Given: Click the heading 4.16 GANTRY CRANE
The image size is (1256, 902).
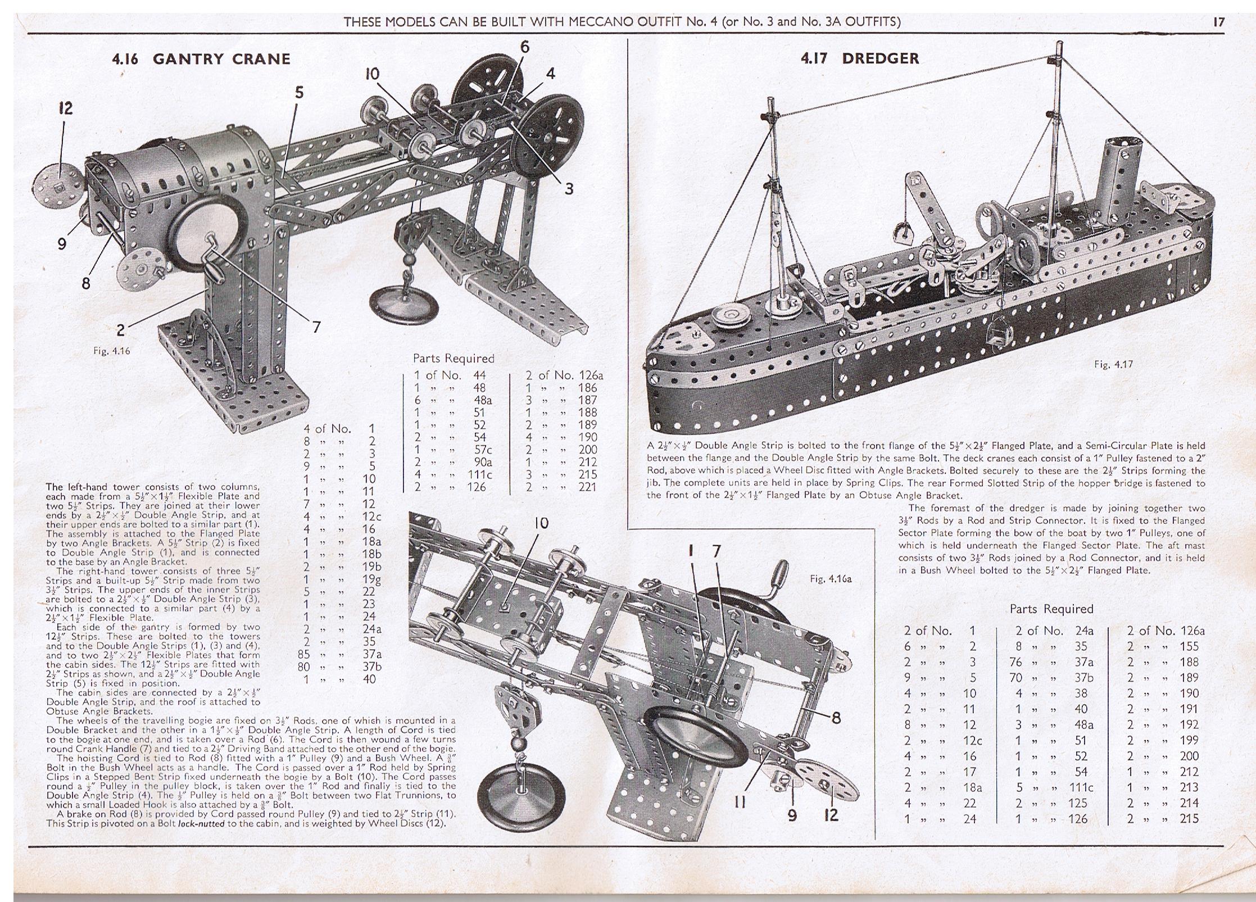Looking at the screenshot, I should [x=202, y=59].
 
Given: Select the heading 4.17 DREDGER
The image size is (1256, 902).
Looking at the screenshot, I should [x=860, y=58].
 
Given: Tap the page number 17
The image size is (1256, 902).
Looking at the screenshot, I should [x=1218, y=22].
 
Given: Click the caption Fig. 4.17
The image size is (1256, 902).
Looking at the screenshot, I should [x=1113, y=364].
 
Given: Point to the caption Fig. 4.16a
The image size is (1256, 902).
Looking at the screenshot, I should [x=831, y=578].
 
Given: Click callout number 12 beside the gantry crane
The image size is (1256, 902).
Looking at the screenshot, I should [x=65, y=108].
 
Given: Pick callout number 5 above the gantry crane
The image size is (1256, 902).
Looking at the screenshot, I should [x=299, y=92].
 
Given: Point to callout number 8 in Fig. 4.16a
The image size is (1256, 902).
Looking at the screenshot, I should [x=836, y=718].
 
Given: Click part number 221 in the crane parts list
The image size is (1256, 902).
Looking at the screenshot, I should [x=587, y=487].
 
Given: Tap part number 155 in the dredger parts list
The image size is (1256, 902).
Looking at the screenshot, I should [x=1189, y=646].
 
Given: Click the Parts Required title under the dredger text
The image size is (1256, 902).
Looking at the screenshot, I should [x=1051, y=609].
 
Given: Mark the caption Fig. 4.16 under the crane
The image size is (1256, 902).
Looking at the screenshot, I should [x=111, y=351].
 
